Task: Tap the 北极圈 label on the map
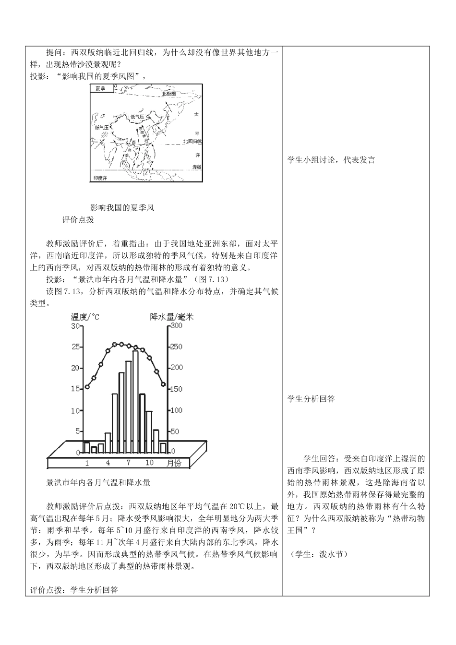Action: point(169,94)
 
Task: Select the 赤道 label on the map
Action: point(196,167)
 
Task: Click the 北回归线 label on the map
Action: point(192,142)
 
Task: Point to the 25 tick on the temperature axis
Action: point(75,347)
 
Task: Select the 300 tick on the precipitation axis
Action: point(177,326)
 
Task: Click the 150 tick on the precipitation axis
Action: point(177,389)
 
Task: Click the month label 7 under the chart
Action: point(129,463)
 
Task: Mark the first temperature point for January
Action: point(87,387)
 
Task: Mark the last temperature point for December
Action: point(163,384)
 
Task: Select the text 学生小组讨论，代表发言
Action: point(331,160)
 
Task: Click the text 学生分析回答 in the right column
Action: point(311,399)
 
